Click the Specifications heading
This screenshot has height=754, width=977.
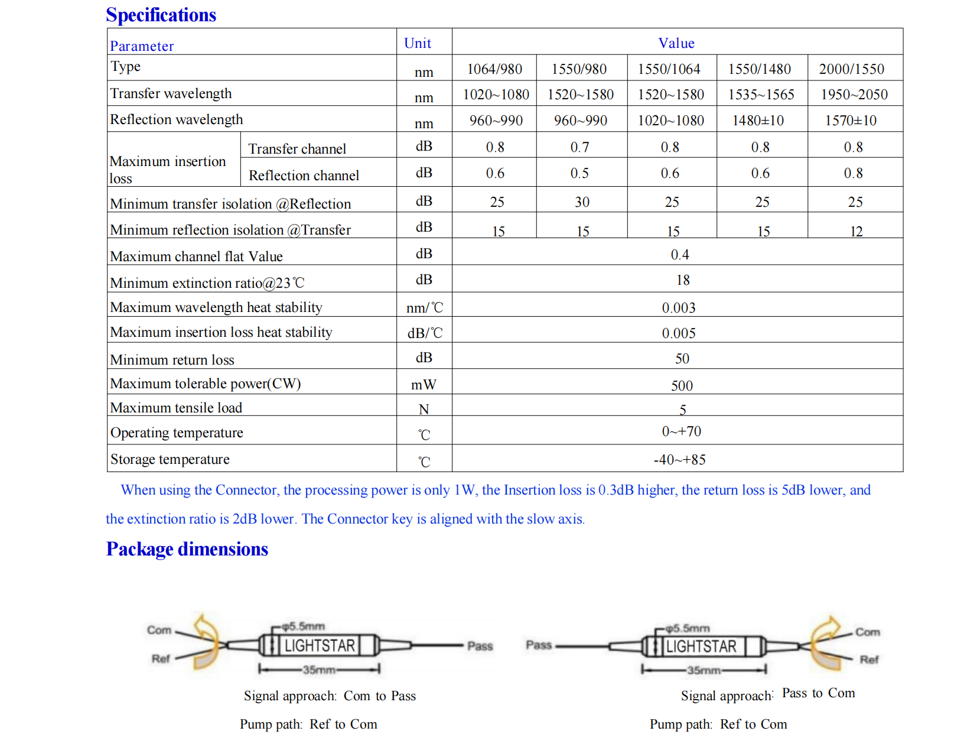pos(161,15)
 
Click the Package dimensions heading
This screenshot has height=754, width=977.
pos(187,549)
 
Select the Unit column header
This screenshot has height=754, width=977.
pos(418,43)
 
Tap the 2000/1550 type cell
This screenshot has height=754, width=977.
pos(851,69)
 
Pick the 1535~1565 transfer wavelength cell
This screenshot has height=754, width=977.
pos(761,95)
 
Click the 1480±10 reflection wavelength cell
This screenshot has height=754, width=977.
pos(758,121)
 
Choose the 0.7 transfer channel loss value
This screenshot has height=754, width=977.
pos(579,147)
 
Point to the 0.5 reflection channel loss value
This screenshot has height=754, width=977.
pos(579,173)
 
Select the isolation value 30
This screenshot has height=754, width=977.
pos(582,202)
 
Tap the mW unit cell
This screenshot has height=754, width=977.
pos(424,385)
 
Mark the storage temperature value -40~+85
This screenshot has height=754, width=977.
pos(679,460)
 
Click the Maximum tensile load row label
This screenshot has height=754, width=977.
pos(176,408)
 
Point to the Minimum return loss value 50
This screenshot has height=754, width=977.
pos(682,359)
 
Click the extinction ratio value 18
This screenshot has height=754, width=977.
pos(683,280)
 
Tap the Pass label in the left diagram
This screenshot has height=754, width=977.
pos(480,646)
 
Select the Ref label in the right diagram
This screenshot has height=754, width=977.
pos(869,659)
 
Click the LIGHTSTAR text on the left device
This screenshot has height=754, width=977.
pos(320,646)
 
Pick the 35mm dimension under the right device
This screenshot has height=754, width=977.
pos(704,671)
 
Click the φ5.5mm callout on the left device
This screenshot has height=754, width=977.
pos(303,626)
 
